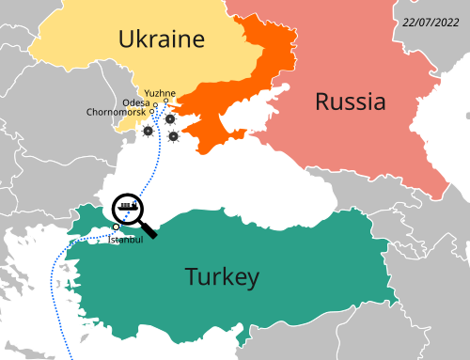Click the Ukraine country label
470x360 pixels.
(x=161, y=39)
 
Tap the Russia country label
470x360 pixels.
(x=350, y=102)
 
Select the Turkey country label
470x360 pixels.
(x=222, y=276)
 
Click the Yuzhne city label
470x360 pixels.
(x=160, y=92)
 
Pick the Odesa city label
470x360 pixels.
(x=135, y=102)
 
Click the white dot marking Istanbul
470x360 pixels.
(x=116, y=227)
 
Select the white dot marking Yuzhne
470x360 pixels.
(x=166, y=102)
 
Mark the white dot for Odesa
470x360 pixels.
(x=154, y=106)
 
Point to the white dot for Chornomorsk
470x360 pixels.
(x=152, y=114)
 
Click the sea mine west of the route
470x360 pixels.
(x=147, y=132)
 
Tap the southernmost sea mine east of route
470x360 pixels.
(x=174, y=136)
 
